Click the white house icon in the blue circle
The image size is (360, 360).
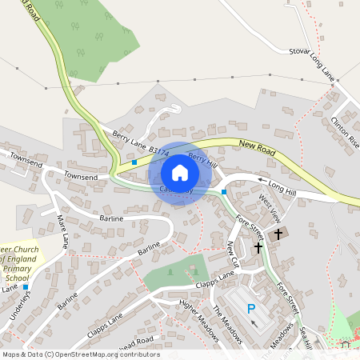pyautogui.click(x=179, y=172)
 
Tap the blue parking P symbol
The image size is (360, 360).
pyautogui.click(x=251, y=309)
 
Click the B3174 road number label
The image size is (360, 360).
pyautogui.click(x=158, y=150)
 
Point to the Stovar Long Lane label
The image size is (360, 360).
pyautogui.click(x=311, y=63)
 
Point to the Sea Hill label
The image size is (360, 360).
pyautogui.click(x=305, y=336)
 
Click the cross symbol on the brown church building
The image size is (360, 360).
pyautogui.click(x=279, y=234)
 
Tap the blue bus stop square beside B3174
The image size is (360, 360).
pyautogui.click(x=134, y=162)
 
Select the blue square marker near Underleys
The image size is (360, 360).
pyautogui.click(x=26, y=286)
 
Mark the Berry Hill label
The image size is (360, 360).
pyautogui.click(x=202, y=161)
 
